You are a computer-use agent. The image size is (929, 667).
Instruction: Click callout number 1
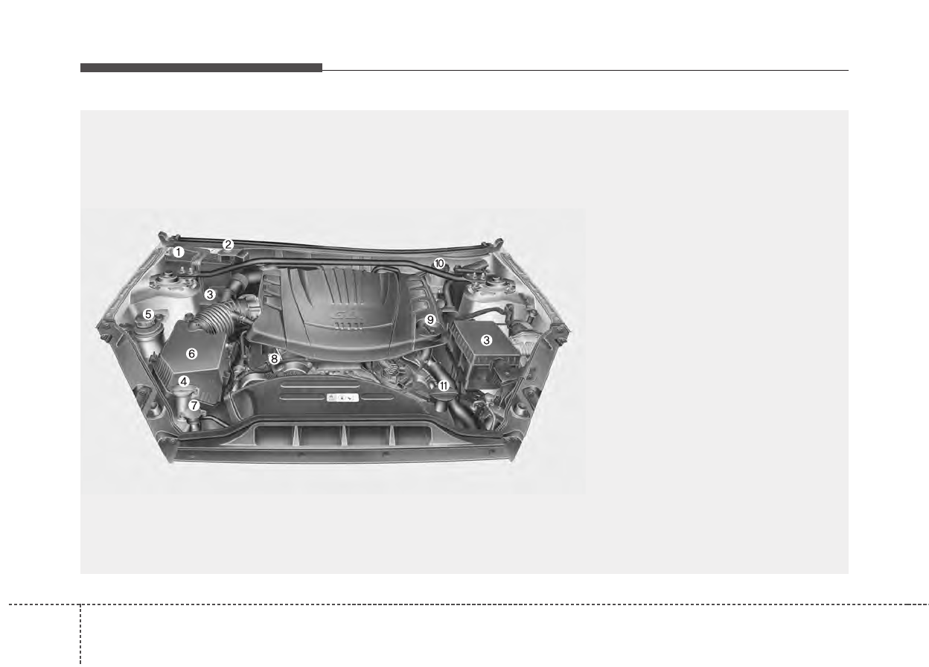(x=179, y=252)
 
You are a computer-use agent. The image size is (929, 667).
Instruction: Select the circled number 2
(x=228, y=245)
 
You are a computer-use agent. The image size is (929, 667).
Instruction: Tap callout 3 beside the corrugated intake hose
(x=210, y=295)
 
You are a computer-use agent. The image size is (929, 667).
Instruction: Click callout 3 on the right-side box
(x=487, y=340)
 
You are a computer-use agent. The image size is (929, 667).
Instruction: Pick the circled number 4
(x=184, y=381)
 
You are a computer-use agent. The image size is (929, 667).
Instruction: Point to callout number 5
(x=148, y=314)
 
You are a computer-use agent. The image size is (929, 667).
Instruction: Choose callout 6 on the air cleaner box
(x=191, y=354)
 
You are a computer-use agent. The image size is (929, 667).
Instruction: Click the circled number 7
(x=194, y=405)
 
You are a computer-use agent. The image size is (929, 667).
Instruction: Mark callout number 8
(x=274, y=359)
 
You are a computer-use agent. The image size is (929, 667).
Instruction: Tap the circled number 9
(x=430, y=320)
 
